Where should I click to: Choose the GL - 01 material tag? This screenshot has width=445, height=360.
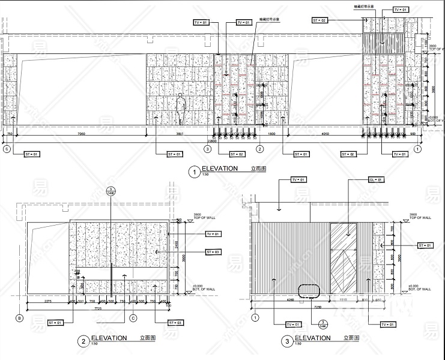point(375,179)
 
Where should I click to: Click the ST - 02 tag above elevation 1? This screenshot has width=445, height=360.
point(320,20)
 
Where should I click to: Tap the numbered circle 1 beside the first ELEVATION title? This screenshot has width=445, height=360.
point(193,172)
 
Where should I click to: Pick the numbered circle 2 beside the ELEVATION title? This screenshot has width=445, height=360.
point(83,341)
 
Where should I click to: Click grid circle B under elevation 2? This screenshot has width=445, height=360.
point(20,317)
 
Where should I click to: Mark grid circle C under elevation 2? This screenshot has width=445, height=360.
point(133,317)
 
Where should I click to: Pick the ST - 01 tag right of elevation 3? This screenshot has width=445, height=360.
point(425,245)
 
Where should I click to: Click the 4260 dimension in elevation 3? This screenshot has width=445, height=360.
point(290,299)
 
